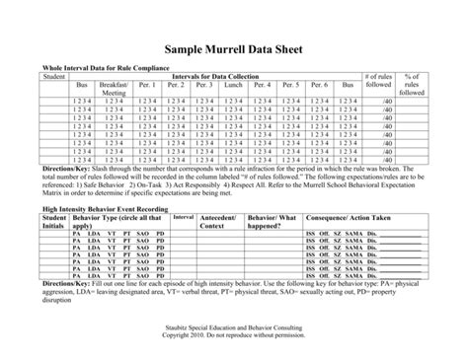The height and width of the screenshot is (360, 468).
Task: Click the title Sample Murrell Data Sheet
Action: (x=234, y=49)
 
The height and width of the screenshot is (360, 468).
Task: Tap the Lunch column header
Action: (x=233, y=86)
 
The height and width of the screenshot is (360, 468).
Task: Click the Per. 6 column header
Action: (x=318, y=86)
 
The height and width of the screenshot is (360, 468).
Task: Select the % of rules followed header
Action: (x=412, y=85)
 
